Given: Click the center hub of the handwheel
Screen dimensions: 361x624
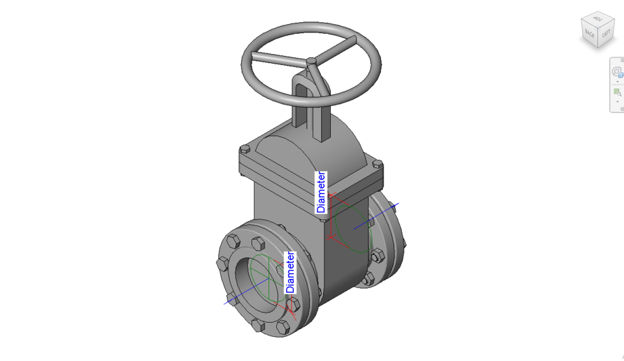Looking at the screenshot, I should [312, 61].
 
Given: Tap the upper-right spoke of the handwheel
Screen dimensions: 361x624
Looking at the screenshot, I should [335, 49].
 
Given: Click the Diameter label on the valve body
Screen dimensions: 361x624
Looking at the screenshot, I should [321, 193].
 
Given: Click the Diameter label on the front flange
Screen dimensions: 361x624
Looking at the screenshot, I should [291, 273].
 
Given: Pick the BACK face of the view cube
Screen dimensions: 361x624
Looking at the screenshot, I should [590, 32].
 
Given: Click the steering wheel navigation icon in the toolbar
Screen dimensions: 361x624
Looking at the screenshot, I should [617, 72].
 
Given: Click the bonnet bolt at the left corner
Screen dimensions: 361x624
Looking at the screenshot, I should [244, 149].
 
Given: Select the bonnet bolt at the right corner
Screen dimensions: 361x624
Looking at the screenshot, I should [376, 165].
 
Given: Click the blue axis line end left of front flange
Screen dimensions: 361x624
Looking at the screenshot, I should [227, 303].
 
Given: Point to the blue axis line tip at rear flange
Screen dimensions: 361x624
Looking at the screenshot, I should [397, 205].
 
